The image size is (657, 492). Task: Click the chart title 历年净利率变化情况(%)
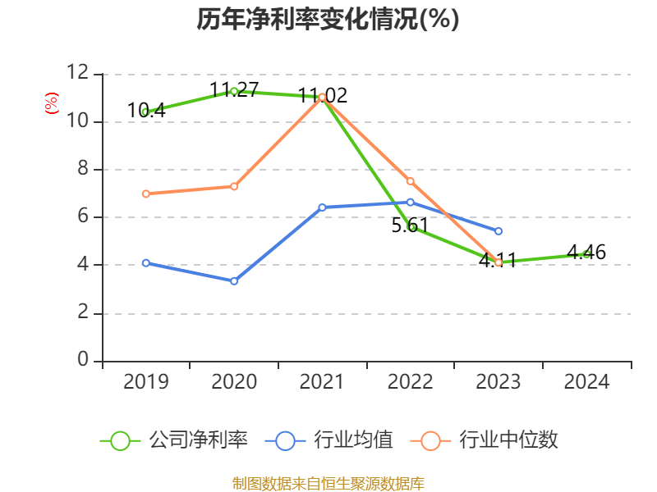(x=328, y=19)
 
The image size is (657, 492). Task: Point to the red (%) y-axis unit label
(x=52, y=104)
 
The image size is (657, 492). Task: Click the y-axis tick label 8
(x=82, y=170)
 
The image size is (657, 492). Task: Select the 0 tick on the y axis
(x=82, y=361)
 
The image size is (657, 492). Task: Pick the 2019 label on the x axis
(x=146, y=381)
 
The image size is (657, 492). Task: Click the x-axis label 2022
(x=410, y=381)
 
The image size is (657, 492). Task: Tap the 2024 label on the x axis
(x=586, y=381)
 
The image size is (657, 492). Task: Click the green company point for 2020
(x=234, y=91)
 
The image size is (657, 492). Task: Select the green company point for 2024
(x=586, y=254)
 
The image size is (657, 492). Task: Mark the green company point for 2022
(x=411, y=227)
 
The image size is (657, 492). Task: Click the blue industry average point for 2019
(x=145, y=263)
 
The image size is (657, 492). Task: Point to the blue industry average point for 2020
(x=234, y=281)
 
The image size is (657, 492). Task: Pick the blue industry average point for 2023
(x=498, y=231)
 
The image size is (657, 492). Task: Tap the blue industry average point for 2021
(x=322, y=207)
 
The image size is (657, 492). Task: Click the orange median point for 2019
(x=145, y=194)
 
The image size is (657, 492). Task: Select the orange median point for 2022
(x=410, y=180)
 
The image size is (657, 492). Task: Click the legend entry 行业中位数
(x=489, y=440)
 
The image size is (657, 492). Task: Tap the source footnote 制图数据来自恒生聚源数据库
(x=328, y=483)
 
